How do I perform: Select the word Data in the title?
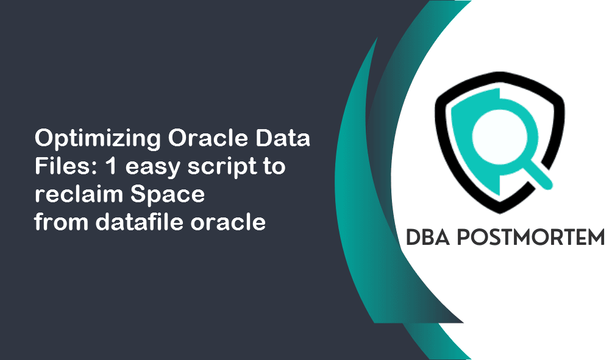tap(286, 139)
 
